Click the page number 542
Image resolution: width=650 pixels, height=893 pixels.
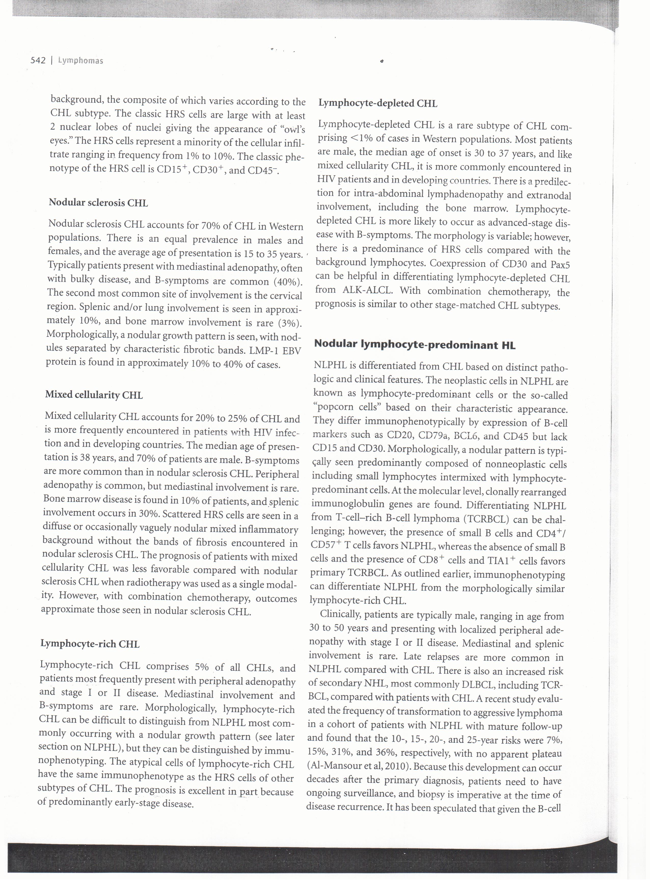click(38, 60)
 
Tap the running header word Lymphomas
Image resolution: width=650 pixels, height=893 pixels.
click(80, 61)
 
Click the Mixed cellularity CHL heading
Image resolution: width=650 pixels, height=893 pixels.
click(94, 395)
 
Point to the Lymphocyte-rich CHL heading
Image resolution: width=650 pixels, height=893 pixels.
click(90, 644)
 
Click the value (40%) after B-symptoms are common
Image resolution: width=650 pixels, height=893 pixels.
click(288, 282)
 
